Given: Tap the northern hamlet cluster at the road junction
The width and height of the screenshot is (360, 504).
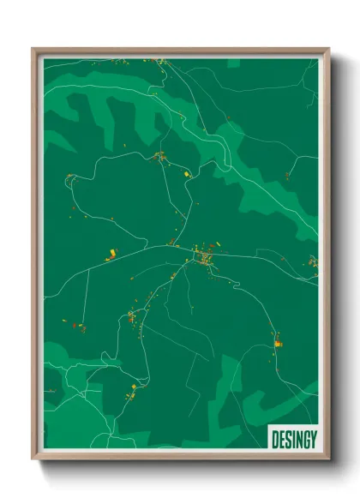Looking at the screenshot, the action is tap(159, 156).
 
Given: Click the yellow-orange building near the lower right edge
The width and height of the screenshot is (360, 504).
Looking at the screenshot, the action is tap(278, 343).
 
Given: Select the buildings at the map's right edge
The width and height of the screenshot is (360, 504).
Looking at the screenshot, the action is tap(313, 261).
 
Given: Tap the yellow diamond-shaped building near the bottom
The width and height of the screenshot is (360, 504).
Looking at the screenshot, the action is tap(132, 396).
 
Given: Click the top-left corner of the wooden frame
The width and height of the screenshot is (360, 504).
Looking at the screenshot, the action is tap(33, 50).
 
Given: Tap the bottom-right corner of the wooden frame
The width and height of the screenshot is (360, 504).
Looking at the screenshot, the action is tap(328, 461).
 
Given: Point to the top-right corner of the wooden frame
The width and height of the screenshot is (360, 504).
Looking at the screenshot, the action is tap(328, 50).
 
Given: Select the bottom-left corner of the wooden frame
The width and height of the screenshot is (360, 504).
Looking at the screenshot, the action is tap(33, 461).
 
